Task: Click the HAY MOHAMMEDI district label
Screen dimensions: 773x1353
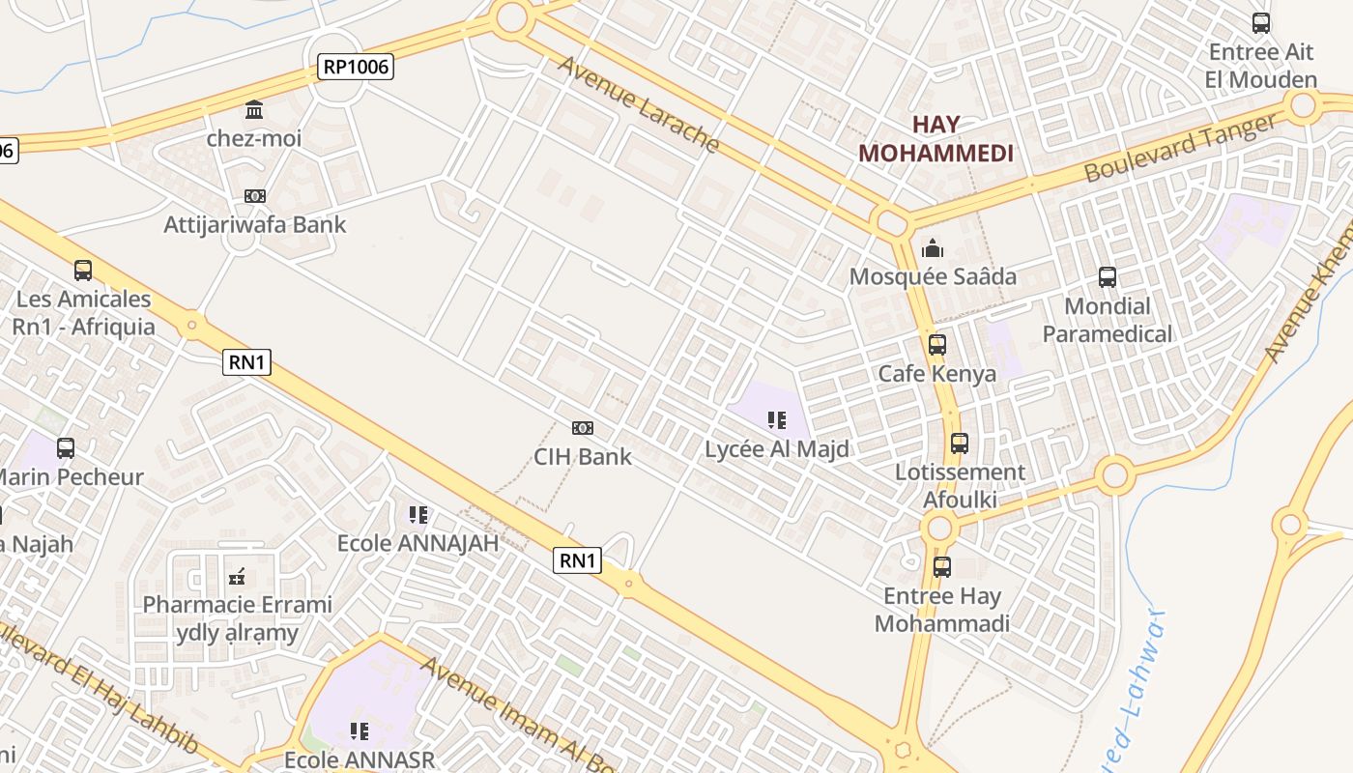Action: coord(936,138)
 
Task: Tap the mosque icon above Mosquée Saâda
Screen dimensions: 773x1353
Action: coord(933,247)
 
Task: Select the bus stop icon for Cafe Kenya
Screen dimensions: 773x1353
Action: coord(936,345)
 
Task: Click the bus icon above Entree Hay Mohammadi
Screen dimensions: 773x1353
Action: coord(941,567)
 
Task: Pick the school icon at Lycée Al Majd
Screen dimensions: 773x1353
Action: coord(776,420)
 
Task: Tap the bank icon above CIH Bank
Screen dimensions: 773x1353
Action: coord(583,428)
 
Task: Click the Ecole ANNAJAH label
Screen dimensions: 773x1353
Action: coord(417,543)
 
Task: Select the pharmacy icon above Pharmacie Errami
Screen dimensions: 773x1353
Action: coord(237,578)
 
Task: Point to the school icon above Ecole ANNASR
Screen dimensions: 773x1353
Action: coord(360,731)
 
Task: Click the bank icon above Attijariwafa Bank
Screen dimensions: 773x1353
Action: coord(254,196)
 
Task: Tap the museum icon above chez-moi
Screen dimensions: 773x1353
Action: coord(254,109)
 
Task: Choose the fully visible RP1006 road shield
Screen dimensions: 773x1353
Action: coord(356,67)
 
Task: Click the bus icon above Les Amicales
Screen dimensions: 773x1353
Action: coord(83,271)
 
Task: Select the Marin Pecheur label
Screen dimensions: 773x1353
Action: coord(72,477)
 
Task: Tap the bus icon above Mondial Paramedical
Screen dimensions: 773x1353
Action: coord(1108,277)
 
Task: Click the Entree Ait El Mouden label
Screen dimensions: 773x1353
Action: coord(1261,66)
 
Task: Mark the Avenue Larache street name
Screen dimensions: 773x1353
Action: coord(639,103)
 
